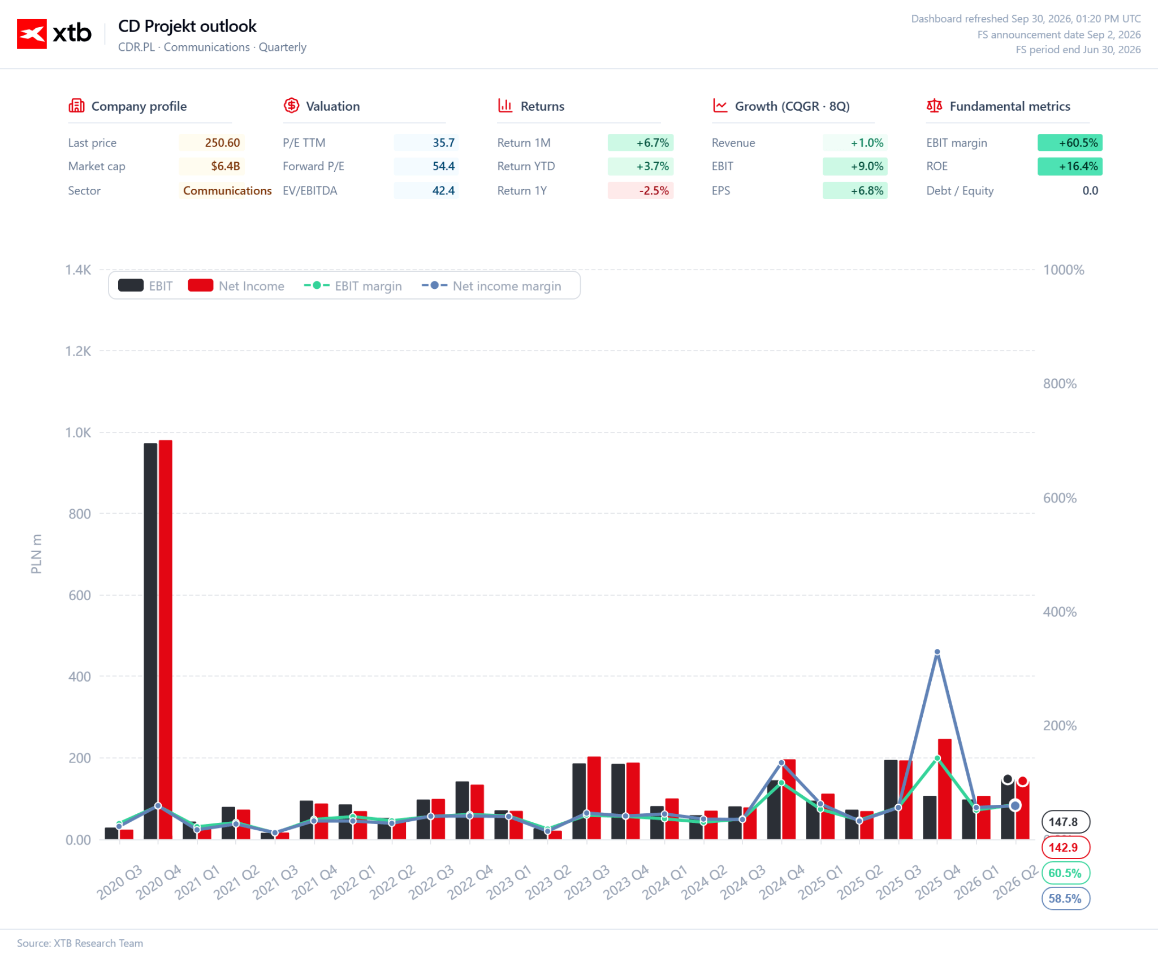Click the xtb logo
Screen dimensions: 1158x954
tap(54, 34)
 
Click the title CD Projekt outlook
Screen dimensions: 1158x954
tap(187, 27)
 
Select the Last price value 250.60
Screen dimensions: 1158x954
tap(222, 143)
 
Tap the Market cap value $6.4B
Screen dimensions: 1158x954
tap(226, 166)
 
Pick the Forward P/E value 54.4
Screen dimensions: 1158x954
tap(443, 166)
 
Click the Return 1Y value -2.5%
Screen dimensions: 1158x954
tap(654, 190)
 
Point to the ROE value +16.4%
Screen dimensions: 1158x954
tap(1078, 166)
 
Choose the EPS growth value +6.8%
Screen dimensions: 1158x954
tap(867, 190)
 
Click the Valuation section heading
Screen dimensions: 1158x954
tap(332, 106)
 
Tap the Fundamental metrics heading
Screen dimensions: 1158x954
tap(1010, 106)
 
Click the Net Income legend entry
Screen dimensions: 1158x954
tap(236, 286)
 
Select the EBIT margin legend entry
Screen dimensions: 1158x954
tap(353, 286)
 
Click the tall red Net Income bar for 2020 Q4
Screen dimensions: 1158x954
tap(166, 639)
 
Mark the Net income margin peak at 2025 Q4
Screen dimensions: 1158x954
tap(937, 652)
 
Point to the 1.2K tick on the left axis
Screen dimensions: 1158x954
tap(78, 351)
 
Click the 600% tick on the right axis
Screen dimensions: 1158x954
tap(1060, 498)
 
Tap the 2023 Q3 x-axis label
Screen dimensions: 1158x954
tap(587, 882)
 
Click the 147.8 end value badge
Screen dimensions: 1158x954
tap(1065, 822)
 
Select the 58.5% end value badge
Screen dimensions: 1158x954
tap(1065, 899)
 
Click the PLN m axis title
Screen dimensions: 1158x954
tap(36, 554)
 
